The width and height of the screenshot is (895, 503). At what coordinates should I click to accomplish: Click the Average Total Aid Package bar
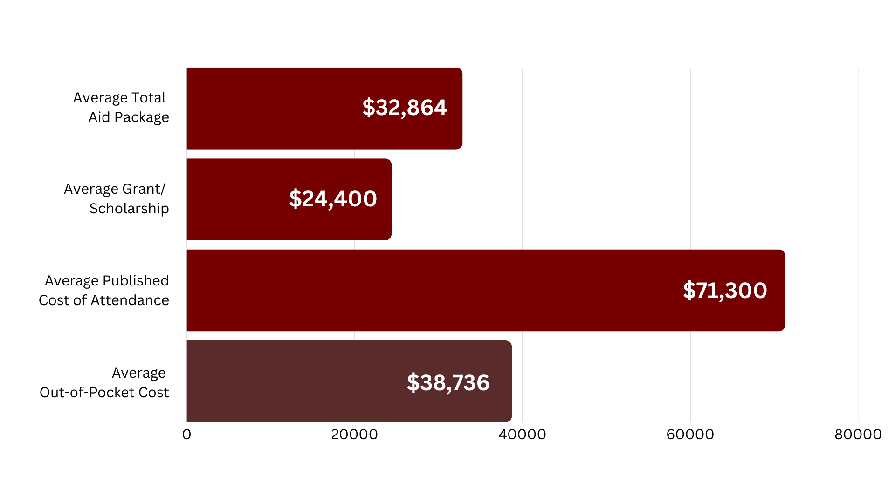324,109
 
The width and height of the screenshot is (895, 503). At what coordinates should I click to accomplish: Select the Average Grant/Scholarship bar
289,199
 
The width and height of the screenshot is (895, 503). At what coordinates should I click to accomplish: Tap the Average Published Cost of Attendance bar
486,290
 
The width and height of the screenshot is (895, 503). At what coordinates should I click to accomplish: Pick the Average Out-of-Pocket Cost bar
349,381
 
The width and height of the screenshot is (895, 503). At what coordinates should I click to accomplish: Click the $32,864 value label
405,108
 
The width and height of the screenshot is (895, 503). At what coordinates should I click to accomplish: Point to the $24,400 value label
333,199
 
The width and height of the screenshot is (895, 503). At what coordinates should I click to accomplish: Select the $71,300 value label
725,291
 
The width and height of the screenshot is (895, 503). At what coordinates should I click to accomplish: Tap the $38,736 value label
448,383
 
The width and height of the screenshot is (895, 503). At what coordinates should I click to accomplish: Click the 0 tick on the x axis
187,435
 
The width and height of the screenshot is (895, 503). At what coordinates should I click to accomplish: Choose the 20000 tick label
354,435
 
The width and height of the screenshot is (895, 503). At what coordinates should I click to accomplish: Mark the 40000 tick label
522,435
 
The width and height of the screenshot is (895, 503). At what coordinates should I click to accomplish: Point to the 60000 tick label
690,435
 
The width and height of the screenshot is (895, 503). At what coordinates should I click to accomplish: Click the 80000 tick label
858,435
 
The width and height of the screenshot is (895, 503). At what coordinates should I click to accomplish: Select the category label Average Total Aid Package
121,108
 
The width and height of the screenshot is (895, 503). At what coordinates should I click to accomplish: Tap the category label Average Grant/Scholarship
117,199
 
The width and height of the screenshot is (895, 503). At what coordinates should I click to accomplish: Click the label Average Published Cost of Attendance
104,291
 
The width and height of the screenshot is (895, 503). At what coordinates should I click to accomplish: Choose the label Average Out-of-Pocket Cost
104,383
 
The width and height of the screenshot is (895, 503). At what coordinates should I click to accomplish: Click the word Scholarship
129,209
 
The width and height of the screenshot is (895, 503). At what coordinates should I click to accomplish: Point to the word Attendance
130,300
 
